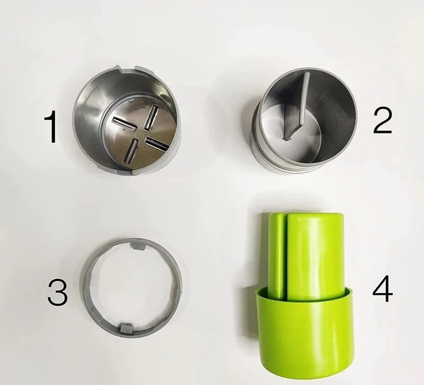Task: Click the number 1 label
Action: [x=51, y=126]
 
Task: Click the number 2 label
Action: [x=382, y=121]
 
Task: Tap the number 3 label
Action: [x=58, y=292]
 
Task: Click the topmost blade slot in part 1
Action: [x=151, y=117]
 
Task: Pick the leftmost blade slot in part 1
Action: [x=124, y=124]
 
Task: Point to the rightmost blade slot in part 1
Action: [x=158, y=143]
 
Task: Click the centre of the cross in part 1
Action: [x=141, y=134]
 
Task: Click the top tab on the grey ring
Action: [x=138, y=246]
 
